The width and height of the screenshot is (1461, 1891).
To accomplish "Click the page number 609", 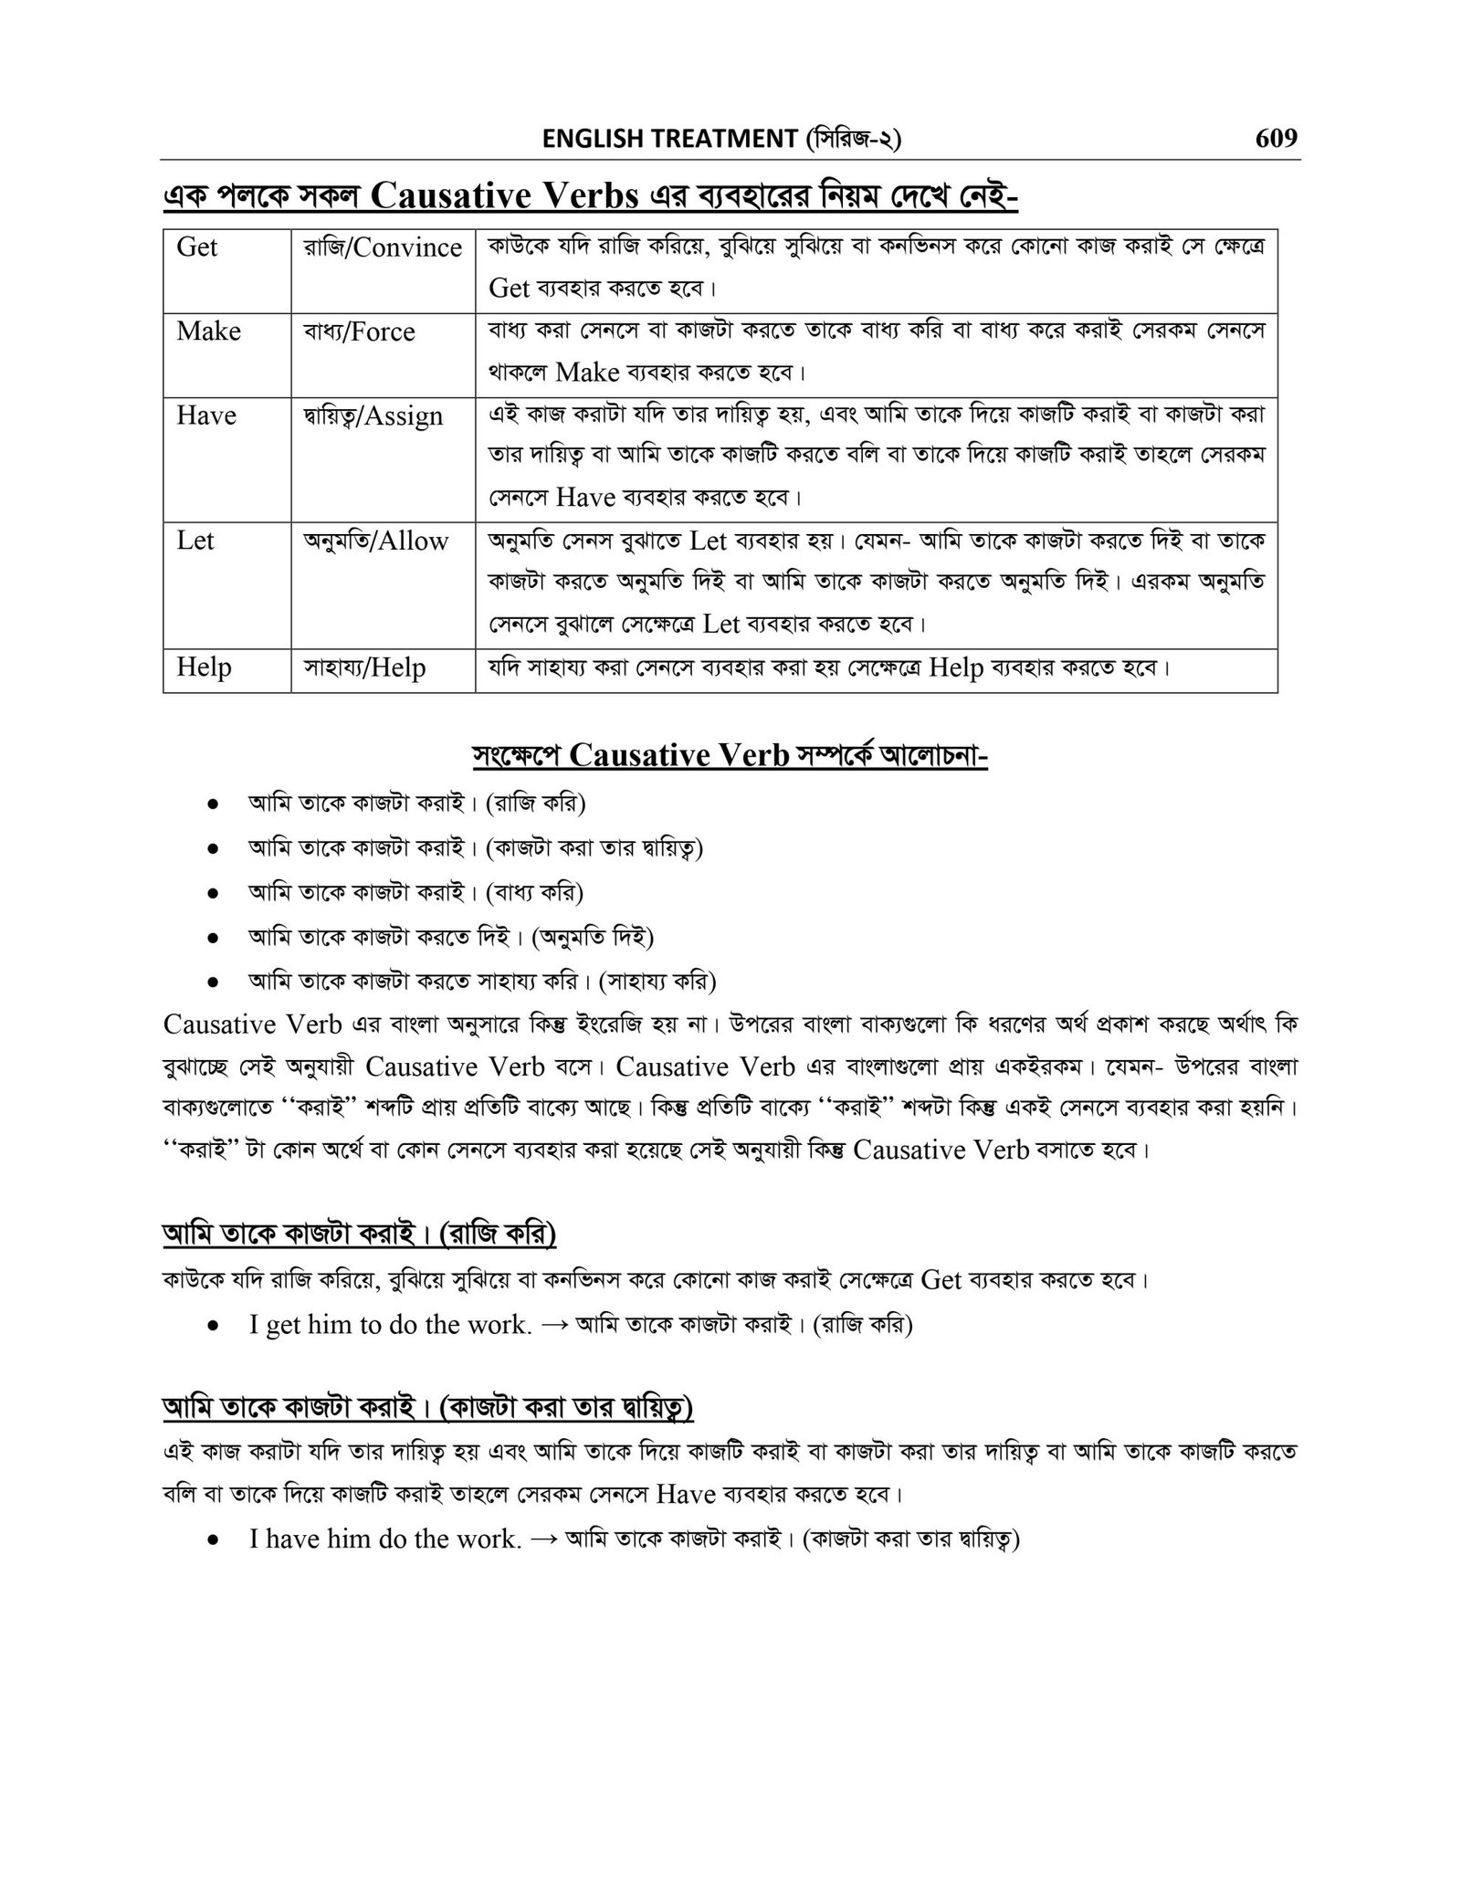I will point(1276,139).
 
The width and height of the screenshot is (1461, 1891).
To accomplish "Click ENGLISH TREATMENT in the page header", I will point(668,140).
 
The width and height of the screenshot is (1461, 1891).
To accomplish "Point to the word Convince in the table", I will point(407,247).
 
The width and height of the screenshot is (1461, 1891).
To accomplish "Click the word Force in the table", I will point(383,331).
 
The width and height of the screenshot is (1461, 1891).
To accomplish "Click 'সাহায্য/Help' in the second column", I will point(364,667).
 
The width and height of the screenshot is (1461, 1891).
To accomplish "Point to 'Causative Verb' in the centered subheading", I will point(678,756).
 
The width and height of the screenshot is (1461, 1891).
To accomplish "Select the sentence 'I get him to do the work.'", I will point(390,1324).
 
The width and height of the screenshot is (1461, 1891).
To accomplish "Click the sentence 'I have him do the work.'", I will point(384,1539).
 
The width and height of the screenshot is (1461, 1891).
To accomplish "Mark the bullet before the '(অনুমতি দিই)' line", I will point(212,938).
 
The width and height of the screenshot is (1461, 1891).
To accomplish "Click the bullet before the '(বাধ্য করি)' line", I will point(212,893).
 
